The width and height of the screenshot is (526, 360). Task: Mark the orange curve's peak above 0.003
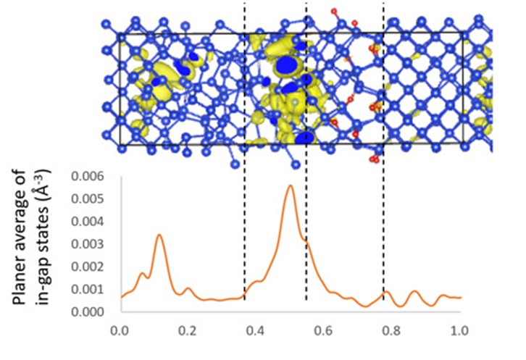click(x=159, y=235)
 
